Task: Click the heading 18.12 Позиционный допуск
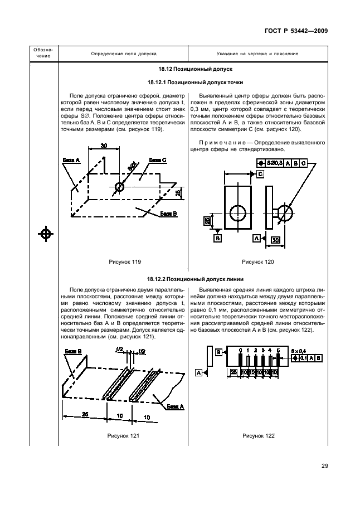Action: click(x=187, y=70)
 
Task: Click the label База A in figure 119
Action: click(x=72, y=160)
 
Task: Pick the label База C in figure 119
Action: click(x=158, y=160)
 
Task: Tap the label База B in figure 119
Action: click(x=168, y=214)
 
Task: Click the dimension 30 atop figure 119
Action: click(x=104, y=146)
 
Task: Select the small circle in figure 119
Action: click(x=119, y=186)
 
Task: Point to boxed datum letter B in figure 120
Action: click(x=218, y=238)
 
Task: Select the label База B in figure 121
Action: click(x=73, y=351)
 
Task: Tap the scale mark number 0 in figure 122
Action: click(x=240, y=351)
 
